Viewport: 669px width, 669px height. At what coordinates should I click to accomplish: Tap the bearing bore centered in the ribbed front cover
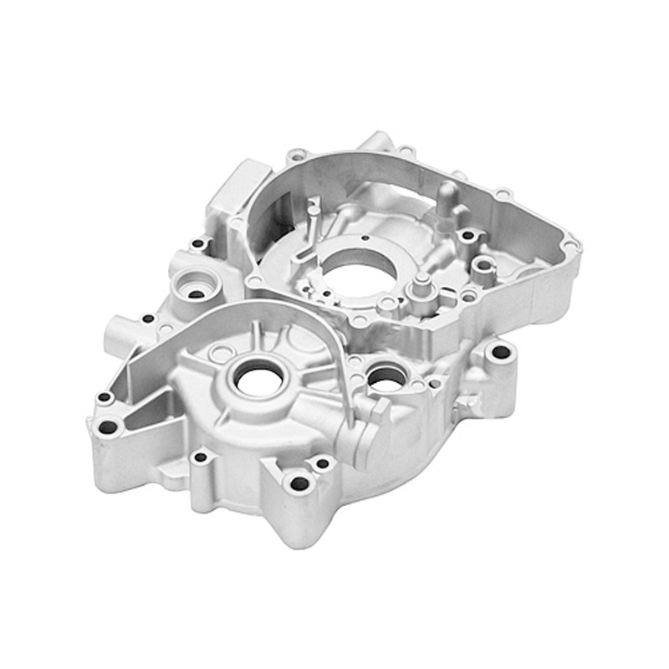pos(258,381)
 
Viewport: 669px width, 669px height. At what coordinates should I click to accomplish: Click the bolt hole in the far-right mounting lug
pos(500,352)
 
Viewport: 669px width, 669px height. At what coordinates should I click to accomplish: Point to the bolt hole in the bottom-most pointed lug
pos(299,483)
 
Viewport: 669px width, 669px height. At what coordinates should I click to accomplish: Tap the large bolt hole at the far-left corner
pos(108,427)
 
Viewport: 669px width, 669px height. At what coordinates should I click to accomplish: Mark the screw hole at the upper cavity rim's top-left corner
pos(297,156)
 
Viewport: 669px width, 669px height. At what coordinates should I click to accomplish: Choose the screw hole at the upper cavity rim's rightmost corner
pos(570,246)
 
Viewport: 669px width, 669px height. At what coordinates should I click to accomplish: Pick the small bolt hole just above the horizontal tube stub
pos(148,319)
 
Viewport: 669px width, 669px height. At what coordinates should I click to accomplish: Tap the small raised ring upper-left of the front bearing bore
pos(219,354)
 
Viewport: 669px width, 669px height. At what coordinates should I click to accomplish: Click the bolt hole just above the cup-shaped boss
pos(197,244)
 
